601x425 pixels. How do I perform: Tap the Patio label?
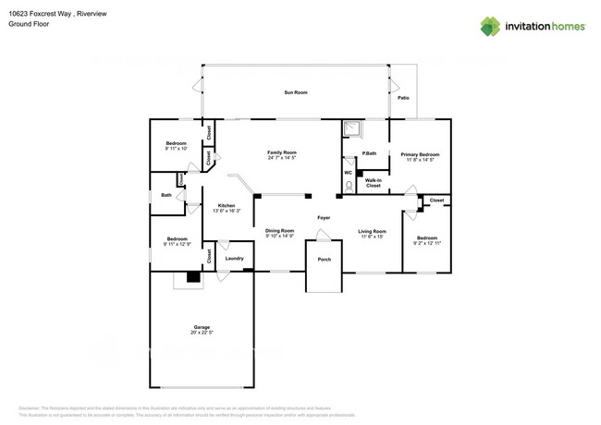click(403, 98)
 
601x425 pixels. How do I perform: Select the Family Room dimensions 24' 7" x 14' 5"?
click(282, 158)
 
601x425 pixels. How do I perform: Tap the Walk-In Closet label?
click(373, 183)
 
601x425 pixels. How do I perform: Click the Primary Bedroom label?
click(420, 153)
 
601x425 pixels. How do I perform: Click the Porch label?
click(324, 260)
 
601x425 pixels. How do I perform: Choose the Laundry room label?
click(234, 258)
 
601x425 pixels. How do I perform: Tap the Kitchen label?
click(226, 205)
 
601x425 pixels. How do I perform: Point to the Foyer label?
click(324, 218)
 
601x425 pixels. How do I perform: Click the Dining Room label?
click(280, 230)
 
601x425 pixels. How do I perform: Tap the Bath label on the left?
click(166, 195)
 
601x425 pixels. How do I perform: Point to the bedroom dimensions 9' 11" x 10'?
click(176, 149)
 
